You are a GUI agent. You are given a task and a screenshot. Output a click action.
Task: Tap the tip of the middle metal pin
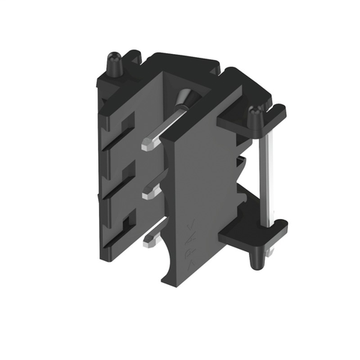(x=144, y=194)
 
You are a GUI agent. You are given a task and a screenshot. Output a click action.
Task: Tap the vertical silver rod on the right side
(x=263, y=172)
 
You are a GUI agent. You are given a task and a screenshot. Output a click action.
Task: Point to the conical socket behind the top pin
(x=185, y=97)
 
